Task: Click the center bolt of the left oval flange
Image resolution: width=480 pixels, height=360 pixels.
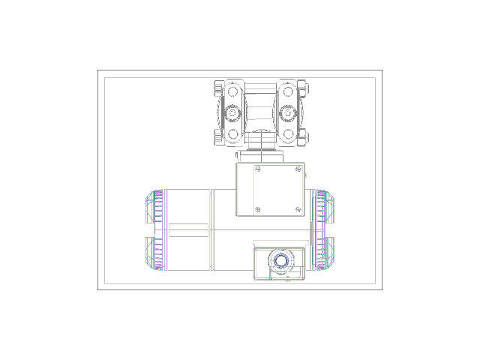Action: pos(233,113)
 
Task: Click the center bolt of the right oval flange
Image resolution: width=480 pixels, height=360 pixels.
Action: pos(288,113)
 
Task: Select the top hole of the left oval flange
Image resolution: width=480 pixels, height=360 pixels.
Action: pos(233,94)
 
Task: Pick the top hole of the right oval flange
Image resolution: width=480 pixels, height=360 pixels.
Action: pos(288,94)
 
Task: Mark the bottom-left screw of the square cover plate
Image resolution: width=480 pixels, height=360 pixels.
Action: pos(257,209)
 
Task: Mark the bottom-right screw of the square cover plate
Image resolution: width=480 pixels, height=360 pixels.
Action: pos(299,209)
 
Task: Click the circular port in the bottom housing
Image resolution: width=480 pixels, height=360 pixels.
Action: pos(281,260)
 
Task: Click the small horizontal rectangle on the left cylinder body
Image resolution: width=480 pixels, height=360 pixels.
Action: pos(188,230)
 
